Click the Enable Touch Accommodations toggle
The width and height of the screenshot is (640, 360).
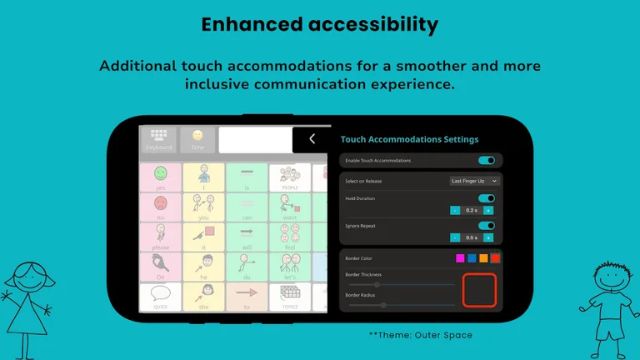pyautogui.click(x=487, y=160)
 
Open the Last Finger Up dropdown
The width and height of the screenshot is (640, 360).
pyautogui.click(x=474, y=181)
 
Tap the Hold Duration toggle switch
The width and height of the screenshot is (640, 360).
pyautogui.click(x=487, y=198)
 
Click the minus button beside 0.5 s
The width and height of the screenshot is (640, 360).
pyautogui.click(x=455, y=237)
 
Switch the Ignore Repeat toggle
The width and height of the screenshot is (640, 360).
pyautogui.click(x=487, y=226)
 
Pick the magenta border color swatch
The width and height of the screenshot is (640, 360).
pyautogui.click(x=460, y=258)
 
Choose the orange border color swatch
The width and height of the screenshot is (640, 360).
pyautogui.click(x=483, y=258)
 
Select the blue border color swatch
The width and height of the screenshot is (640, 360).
pyautogui.click(x=472, y=258)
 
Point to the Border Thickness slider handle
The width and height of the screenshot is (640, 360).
pyautogui.click(x=377, y=285)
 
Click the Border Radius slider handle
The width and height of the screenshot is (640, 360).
pyautogui.click(x=383, y=305)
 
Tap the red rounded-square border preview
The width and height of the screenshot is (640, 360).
pyautogui.click(x=479, y=289)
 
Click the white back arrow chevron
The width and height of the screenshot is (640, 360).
pyautogui.click(x=312, y=139)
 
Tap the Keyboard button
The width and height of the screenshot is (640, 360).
pyautogui.click(x=159, y=139)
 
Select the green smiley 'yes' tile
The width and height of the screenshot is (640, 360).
pyautogui.click(x=160, y=177)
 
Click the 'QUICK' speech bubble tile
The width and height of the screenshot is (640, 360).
pyautogui.click(x=160, y=296)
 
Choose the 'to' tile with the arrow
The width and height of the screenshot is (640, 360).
pyautogui.click(x=247, y=296)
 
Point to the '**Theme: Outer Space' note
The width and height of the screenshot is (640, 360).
pyautogui.click(x=420, y=335)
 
